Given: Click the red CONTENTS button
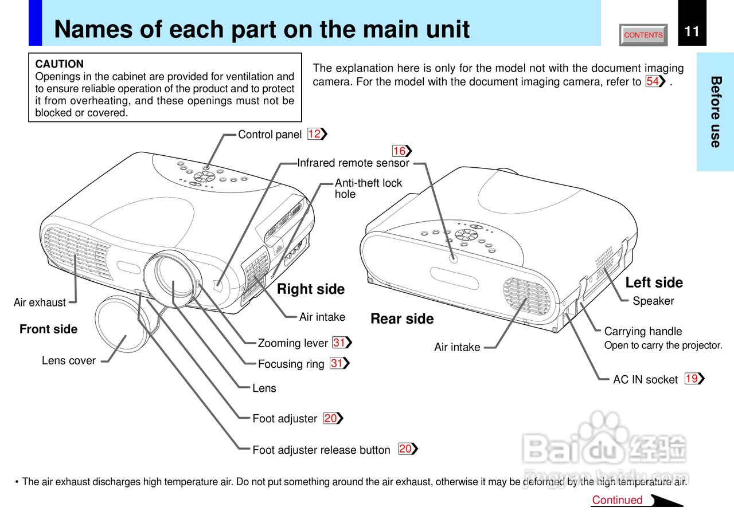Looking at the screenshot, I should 643,35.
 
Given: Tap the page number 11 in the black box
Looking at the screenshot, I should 692,31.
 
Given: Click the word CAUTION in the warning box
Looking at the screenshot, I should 60,64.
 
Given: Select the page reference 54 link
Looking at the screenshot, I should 653,81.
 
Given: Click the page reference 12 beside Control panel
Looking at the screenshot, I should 315,134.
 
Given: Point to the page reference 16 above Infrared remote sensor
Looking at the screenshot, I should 400,151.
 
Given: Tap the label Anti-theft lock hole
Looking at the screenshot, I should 368,188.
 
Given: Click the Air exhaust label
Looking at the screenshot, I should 40,302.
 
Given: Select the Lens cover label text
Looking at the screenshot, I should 69,360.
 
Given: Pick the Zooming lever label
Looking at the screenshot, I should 292,343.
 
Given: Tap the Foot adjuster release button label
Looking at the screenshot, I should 321,450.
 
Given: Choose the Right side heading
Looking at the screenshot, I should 311,289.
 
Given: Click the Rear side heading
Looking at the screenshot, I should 402,319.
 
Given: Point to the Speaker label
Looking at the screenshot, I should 653,301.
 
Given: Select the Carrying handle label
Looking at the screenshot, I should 643,331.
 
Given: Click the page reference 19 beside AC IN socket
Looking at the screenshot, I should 692,379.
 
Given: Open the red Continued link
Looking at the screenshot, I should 618,500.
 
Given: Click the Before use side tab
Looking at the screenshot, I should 715,112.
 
